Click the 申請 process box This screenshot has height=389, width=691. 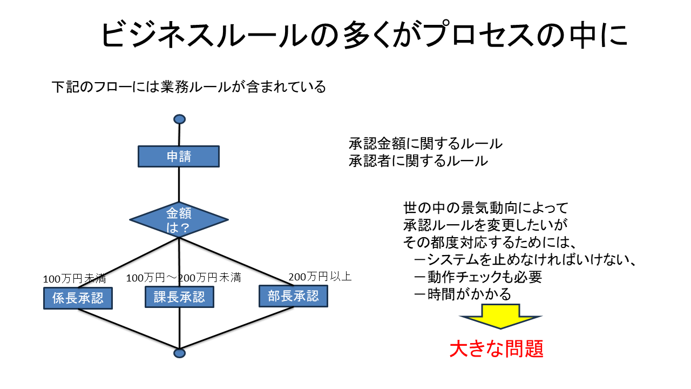click(179, 157)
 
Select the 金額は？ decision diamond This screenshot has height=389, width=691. click(179, 220)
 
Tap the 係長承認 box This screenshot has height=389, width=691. click(78, 298)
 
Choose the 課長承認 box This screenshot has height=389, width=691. click(179, 297)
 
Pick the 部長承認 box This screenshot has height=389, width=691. click(293, 296)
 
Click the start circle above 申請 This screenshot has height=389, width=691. click(179, 119)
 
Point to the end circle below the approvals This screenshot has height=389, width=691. click(180, 353)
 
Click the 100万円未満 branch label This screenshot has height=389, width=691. click(74, 279)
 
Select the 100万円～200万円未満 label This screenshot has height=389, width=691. click(183, 278)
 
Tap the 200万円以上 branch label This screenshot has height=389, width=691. click(320, 277)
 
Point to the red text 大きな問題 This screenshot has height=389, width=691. click(496, 349)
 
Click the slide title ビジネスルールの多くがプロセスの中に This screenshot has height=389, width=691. click(364, 36)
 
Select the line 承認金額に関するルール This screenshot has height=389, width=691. click(425, 144)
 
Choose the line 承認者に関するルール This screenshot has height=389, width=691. click(418, 161)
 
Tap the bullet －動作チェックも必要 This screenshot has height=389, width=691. click(477, 277)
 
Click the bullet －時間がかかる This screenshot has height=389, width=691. click(462, 294)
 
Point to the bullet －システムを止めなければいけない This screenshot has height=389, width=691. click(523, 260)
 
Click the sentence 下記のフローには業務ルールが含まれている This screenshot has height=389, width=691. click(189, 86)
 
